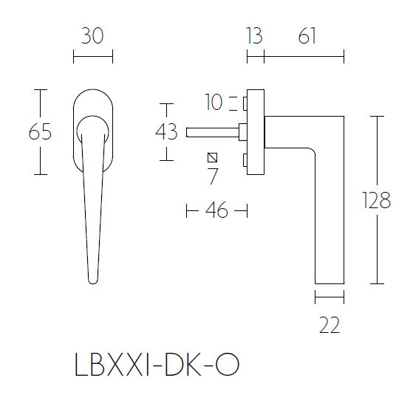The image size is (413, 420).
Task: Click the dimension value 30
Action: [92, 35]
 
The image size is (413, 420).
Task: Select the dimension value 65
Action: [40, 133]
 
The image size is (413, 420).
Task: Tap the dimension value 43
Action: [167, 132]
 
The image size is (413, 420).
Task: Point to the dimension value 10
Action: [214, 102]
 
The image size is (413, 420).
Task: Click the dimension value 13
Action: [253, 35]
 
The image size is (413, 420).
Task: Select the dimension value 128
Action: [377, 200]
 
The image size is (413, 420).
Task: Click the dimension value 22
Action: [330, 325]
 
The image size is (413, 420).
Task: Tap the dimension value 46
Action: [216, 211]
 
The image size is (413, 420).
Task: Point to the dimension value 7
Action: [213, 176]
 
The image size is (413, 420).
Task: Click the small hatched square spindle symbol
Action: [213, 157]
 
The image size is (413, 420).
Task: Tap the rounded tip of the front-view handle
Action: [92, 279]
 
